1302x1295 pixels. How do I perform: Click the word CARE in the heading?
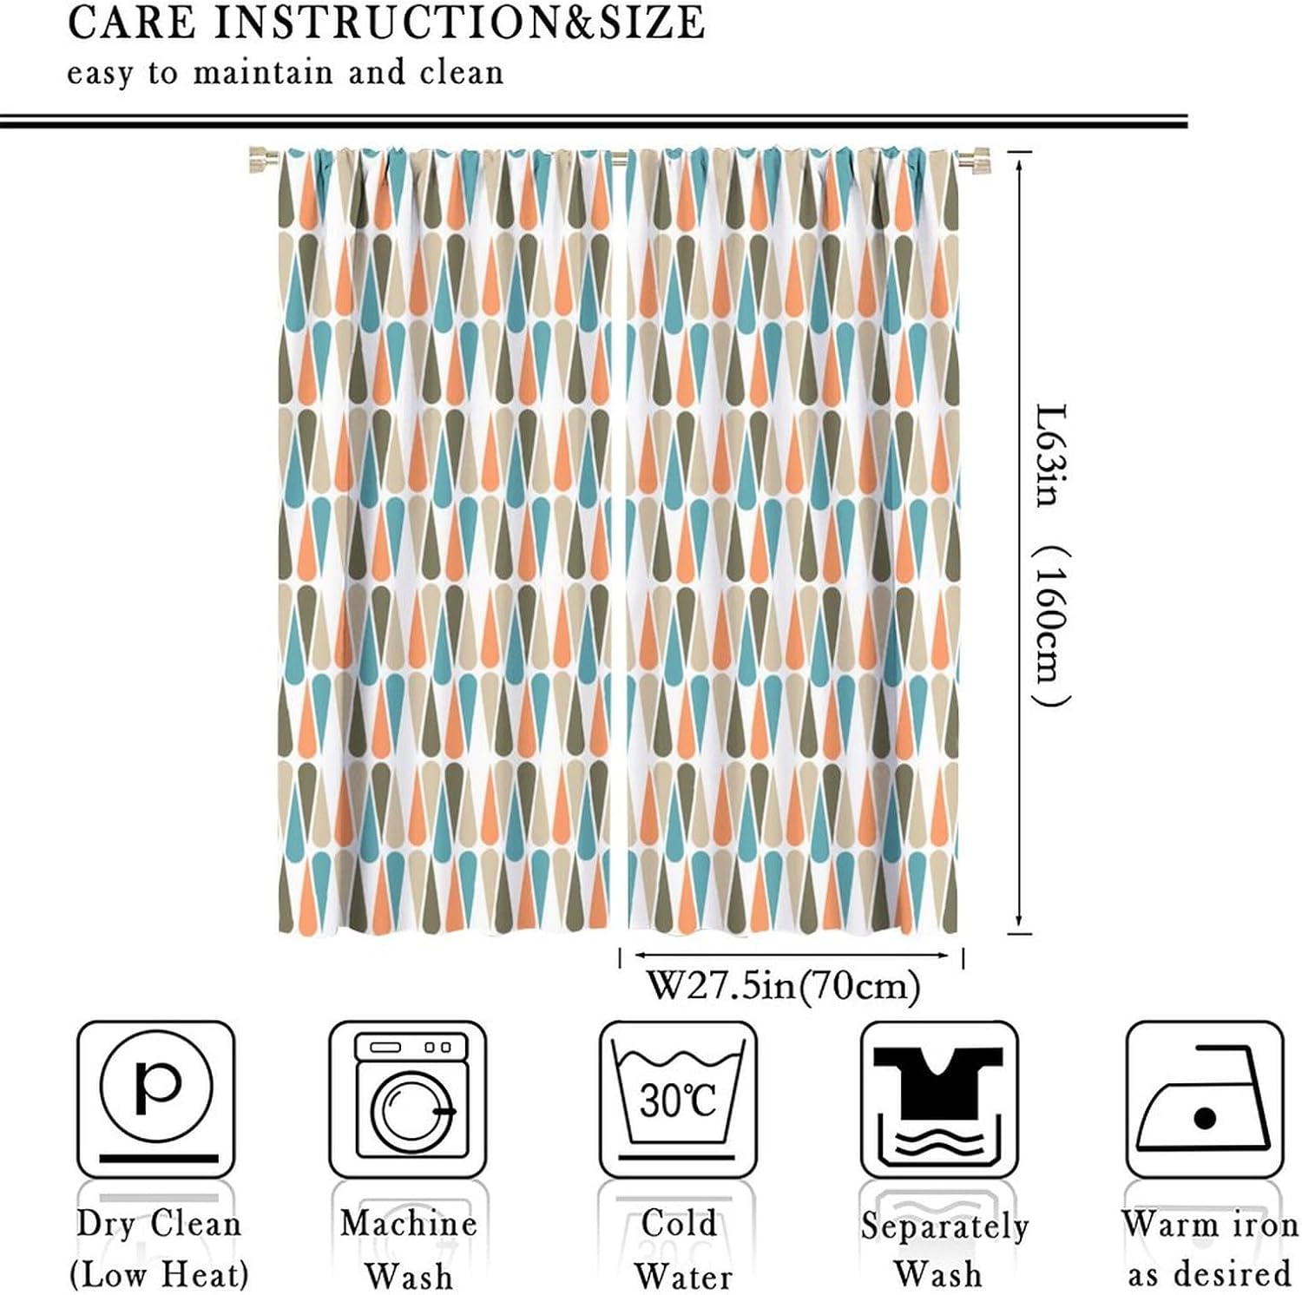point(131,23)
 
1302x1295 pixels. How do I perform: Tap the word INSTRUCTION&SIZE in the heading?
point(458,23)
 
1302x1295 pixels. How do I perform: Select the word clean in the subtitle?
point(461,73)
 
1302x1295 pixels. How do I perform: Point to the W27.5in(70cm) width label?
point(783,986)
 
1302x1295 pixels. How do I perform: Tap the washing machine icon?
point(408,1099)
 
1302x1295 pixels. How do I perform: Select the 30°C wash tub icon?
point(678,1099)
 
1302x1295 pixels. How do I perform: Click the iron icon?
point(1205,1099)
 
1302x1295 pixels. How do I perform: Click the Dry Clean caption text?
point(158,1224)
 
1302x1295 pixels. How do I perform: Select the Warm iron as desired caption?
point(1209,1249)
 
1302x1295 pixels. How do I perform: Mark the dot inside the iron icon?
point(1205,1118)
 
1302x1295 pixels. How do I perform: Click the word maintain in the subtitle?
point(263,73)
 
